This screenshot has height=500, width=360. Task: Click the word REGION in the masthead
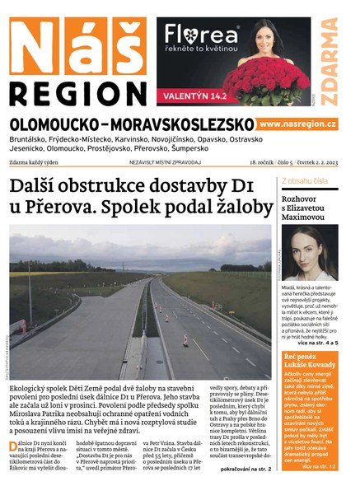[x=78, y=88]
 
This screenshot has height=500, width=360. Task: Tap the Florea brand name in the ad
[x=202, y=35]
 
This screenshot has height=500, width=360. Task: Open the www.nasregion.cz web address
[x=297, y=124]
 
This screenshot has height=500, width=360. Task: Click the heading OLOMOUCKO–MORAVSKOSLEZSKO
[x=132, y=124]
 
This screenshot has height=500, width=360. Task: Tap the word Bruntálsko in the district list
[x=33, y=141]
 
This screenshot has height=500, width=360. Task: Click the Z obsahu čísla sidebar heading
[x=305, y=180]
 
